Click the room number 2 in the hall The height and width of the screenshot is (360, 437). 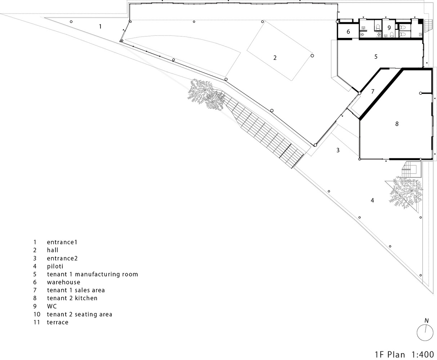coord(275,58)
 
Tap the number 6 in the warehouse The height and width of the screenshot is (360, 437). coord(348,32)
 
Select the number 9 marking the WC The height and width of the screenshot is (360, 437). coord(389,28)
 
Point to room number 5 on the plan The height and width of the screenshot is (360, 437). coord(376,57)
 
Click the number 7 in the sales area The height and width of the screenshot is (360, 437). coord(373,91)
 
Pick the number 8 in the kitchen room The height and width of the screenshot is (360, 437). coord(397,124)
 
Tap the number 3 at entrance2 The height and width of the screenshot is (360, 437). coord(338,150)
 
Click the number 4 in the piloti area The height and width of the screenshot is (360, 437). coord(372,201)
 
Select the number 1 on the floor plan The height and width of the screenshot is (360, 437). coord(100,26)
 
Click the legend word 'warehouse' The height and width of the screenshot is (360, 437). coord(64,282)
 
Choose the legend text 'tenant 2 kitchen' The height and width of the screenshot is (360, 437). coord(72,298)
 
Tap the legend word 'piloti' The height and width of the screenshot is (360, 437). coord(55,266)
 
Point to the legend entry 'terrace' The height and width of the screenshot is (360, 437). coord(58,322)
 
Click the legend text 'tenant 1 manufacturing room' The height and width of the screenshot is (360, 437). coord(93,274)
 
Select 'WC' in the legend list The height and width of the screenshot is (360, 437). coord(52,306)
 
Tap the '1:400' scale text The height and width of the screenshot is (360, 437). coord(423,355)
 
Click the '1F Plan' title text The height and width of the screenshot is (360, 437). coord(390,355)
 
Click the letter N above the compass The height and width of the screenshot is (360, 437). coord(427,320)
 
